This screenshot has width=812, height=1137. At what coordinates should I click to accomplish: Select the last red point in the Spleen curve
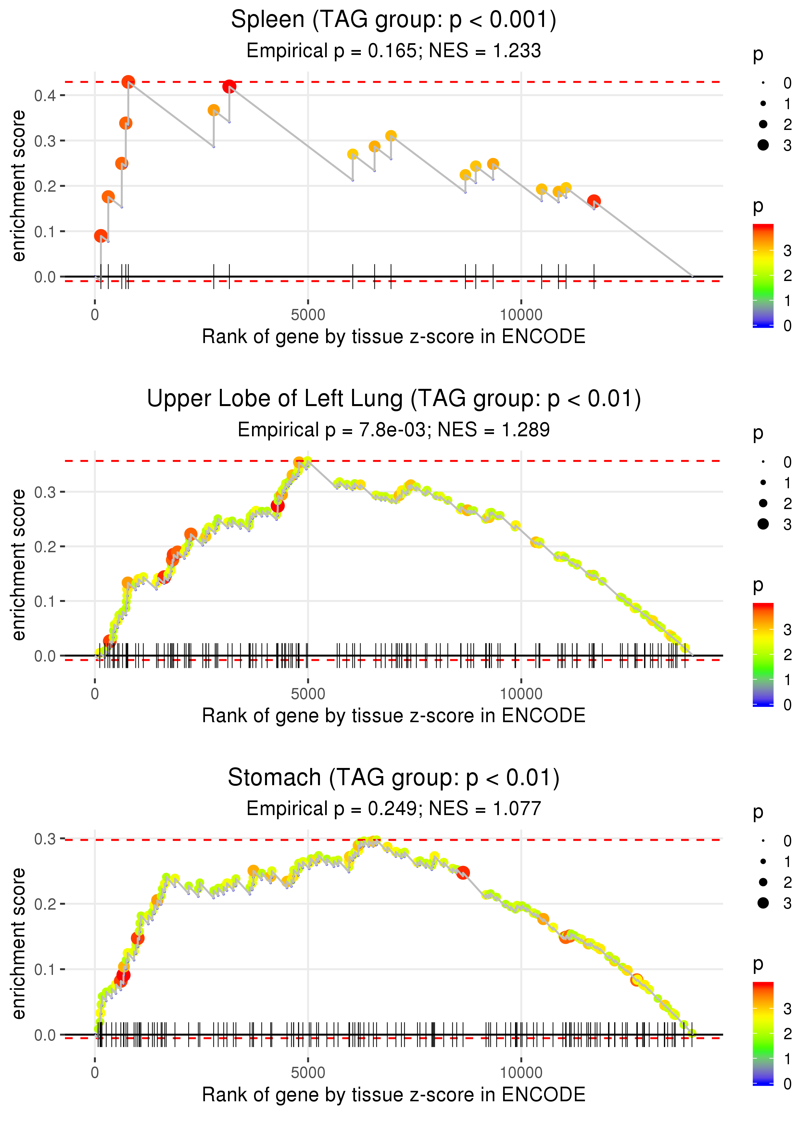click(x=593, y=201)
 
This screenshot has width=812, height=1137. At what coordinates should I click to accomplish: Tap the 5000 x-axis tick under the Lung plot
click(x=308, y=694)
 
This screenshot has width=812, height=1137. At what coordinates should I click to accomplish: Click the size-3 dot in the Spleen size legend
click(x=763, y=145)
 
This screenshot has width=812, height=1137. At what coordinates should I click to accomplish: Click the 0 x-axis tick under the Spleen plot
click(x=95, y=315)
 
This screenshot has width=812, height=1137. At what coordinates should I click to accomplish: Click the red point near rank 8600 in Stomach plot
click(x=463, y=873)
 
